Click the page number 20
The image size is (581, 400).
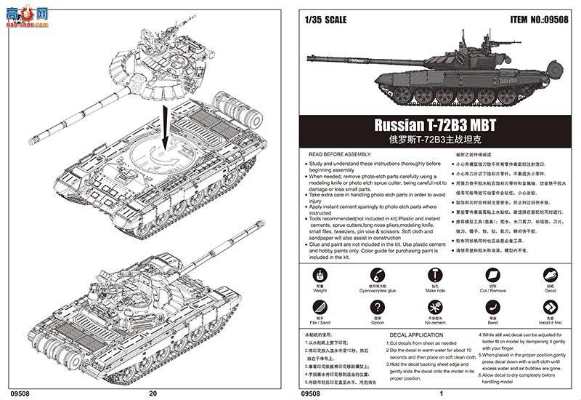152,393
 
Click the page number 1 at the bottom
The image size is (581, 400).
441,393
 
